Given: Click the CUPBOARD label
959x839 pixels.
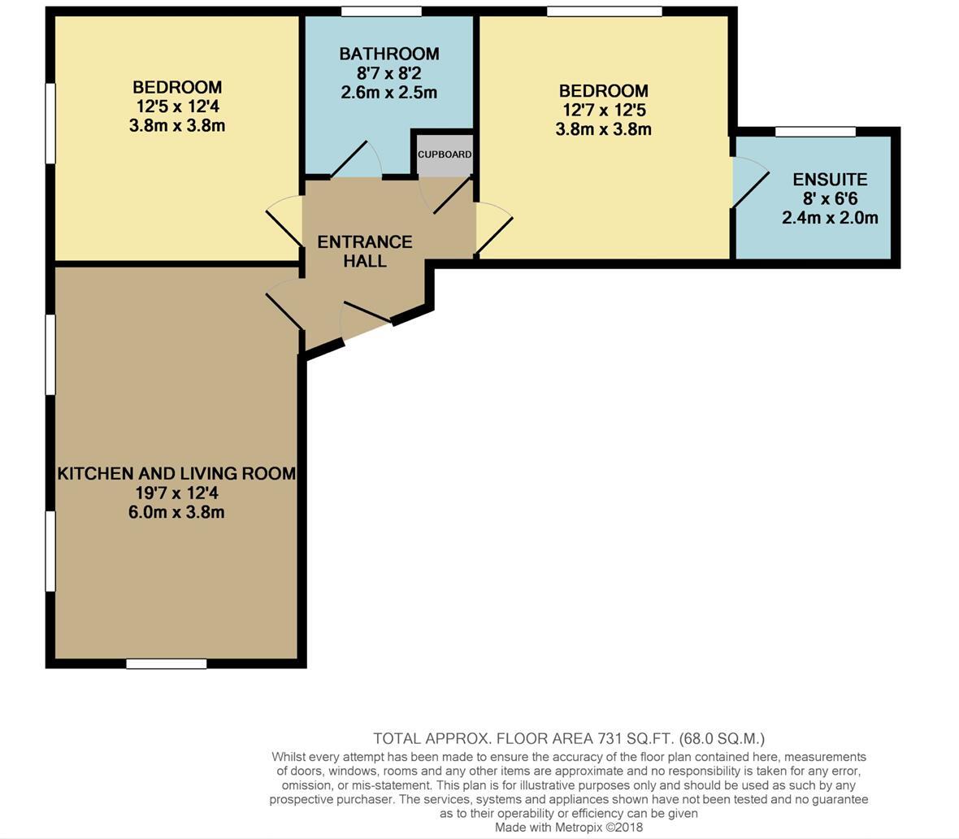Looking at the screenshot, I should (445, 154).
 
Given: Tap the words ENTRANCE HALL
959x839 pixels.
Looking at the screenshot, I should (364, 251).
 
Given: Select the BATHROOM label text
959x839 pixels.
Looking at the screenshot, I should (388, 54).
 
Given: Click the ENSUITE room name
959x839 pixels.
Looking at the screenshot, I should (830, 180).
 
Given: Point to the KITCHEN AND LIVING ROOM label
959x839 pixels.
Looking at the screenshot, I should (176, 473).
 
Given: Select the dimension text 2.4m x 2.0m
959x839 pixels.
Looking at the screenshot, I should (830, 218).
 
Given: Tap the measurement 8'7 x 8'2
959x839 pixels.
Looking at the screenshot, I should (388, 73).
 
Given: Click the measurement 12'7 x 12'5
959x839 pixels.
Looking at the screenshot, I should (604, 110).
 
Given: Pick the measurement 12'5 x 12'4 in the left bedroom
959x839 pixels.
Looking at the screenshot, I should (177, 107).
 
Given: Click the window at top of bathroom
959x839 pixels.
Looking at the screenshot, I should (381, 11).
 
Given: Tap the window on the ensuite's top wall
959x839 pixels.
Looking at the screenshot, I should (815, 132).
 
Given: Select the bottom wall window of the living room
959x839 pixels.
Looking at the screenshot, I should (167, 664).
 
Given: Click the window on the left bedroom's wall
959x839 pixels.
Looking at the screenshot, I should (50, 123).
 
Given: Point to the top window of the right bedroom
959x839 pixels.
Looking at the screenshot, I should (604, 11).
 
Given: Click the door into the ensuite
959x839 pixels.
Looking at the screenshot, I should (749, 183).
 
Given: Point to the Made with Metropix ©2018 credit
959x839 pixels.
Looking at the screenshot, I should (569, 828).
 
